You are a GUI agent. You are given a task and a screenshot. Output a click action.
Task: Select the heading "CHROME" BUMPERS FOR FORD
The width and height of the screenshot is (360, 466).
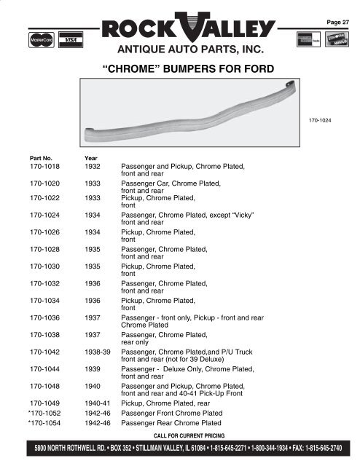180,70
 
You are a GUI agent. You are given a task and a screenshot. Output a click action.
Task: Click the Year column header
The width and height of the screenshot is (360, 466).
91,157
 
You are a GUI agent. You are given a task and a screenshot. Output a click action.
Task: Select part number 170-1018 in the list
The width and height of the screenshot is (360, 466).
45,167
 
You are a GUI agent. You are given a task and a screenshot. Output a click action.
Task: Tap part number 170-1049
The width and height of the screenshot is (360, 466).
45,401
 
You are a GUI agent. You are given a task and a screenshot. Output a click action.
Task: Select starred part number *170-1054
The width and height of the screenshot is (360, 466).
44,422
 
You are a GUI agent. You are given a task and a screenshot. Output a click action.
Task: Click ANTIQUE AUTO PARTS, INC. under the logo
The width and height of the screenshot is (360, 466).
180,51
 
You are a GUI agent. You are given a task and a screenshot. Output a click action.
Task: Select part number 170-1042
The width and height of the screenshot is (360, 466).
45,352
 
